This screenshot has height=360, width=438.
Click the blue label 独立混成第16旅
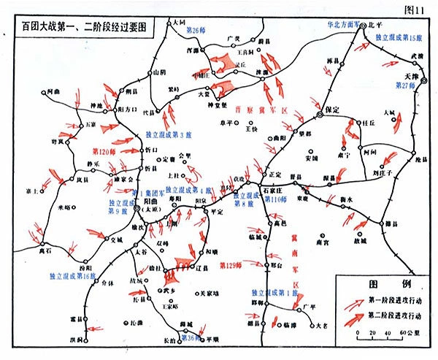coord(73,276)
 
